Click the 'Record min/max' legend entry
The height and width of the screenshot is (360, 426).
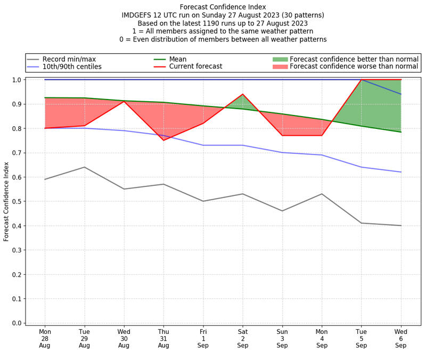69,59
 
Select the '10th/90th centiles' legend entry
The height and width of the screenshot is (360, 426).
72,67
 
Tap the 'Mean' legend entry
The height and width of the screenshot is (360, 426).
178,59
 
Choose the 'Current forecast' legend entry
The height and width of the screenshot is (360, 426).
195,67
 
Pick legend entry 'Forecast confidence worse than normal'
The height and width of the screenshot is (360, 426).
354,67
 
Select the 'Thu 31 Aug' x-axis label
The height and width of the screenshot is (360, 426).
163,338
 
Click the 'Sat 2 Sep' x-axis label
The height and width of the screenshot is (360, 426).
243,338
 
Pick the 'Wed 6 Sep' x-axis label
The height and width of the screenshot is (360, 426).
401,338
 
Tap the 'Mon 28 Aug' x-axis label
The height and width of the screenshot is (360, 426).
45,338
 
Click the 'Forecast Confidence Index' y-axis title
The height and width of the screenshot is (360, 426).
6,201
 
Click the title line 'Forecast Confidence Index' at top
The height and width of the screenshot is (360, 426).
223,7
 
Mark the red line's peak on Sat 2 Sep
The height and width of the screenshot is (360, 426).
243,94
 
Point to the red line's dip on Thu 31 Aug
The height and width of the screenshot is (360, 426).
163,140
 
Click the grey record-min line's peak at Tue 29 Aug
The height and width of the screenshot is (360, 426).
84,167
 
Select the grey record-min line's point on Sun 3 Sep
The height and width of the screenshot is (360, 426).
282,211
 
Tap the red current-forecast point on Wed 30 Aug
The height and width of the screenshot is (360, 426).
124,101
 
